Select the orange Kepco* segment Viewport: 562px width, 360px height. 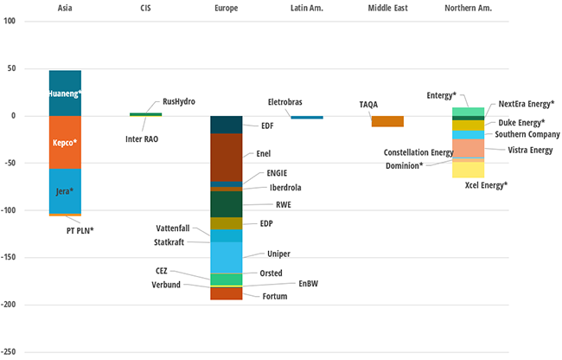[x=65, y=142]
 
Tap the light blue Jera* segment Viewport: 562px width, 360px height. [x=65, y=190]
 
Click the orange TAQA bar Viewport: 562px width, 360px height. [x=387, y=121]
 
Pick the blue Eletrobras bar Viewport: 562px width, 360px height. [x=307, y=117]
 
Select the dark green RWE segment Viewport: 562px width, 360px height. [x=227, y=204]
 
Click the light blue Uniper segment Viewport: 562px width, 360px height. [x=227, y=257]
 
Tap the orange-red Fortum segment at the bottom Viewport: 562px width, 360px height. [x=227, y=293]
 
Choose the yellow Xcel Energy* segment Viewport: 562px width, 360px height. [x=468, y=169]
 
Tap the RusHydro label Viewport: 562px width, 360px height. [x=179, y=101]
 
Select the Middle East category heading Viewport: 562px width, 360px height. [x=387, y=7]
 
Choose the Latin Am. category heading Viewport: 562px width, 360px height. [x=308, y=7]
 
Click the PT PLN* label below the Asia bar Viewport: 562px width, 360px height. [x=80, y=230]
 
